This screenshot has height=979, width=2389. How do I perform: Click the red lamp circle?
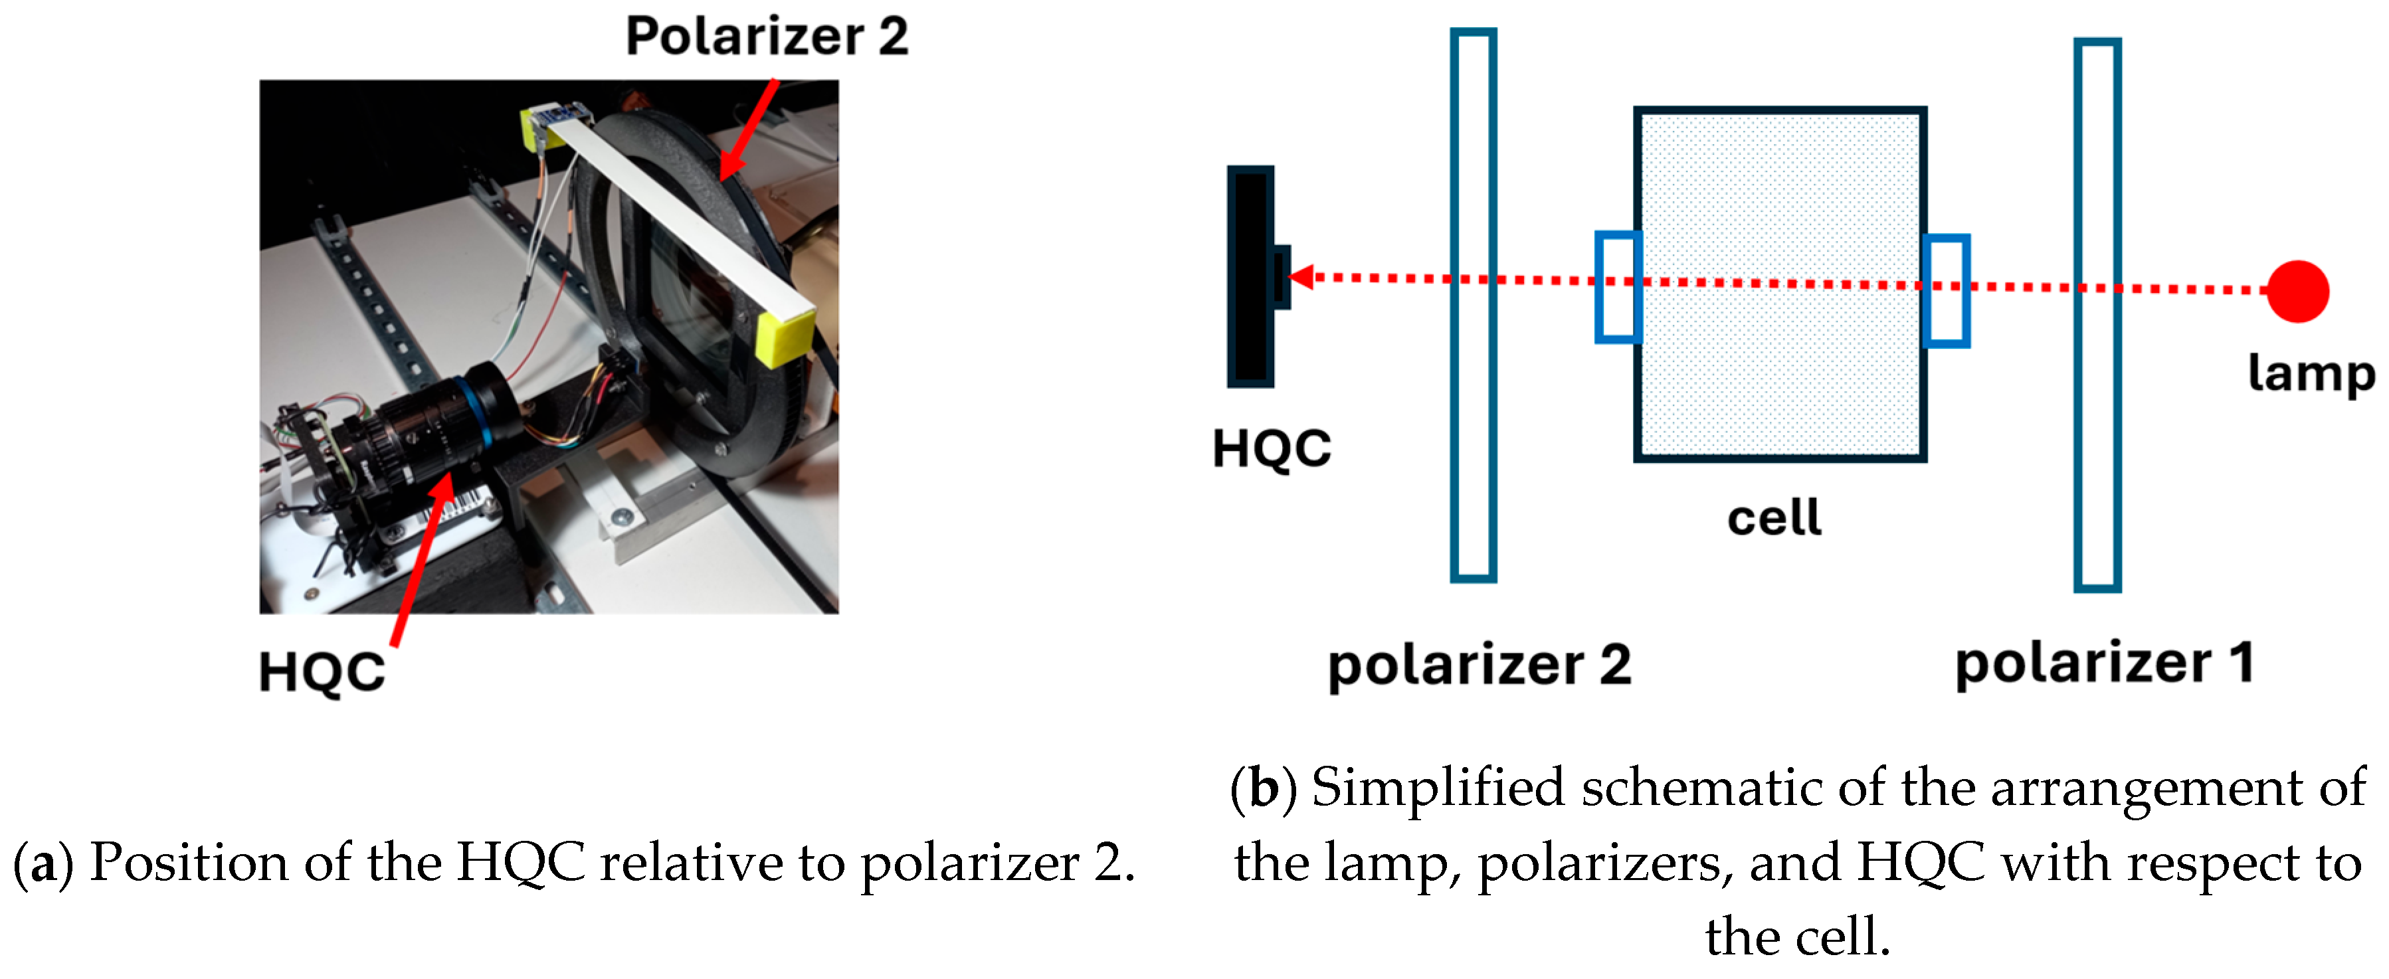click(x=2297, y=291)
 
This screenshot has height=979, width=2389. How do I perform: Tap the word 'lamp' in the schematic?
click(x=2311, y=375)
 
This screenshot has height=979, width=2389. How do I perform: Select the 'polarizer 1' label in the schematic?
click(x=2103, y=664)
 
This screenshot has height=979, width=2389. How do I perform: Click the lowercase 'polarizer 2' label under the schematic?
click(x=1480, y=666)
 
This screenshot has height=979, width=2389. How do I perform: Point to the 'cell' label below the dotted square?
click(x=1773, y=517)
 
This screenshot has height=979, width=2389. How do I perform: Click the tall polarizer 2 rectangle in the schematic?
click(x=1473, y=306)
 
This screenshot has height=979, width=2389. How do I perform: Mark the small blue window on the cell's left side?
click(x=1618, y=288)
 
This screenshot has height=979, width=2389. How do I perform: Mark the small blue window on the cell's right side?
click(x=1946, y=291)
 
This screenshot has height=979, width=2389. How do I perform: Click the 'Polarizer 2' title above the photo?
click(x=767, y=37)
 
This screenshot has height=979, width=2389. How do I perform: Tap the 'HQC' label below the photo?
click(x=321, y=672)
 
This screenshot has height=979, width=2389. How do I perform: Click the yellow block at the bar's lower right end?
click(x=785, y=335)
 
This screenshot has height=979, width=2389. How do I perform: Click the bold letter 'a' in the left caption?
click(x=42, y=864)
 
